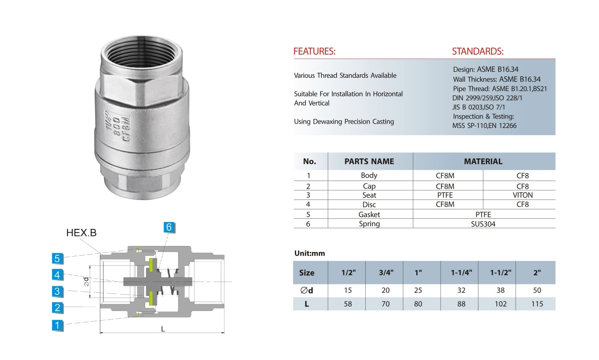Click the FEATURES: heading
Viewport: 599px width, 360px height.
[314, 51]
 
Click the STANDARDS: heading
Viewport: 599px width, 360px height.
[477, 51]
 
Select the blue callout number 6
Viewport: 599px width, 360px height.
[169, 227]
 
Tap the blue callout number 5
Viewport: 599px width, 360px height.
[57, 258]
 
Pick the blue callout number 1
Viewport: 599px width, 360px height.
[57, 325]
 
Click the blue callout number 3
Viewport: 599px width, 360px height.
[57, 291]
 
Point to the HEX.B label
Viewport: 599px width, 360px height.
[81, 233]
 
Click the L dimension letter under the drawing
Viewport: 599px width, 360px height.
[163, 329]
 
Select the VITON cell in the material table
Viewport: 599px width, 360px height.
[522, 195]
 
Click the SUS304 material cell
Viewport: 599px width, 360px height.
[483, 224]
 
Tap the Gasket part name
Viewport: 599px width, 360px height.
[369, 215]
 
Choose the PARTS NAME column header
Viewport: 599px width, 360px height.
[369, 161]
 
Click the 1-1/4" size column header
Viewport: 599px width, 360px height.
[461, 272]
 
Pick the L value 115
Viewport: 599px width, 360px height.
[537, 304]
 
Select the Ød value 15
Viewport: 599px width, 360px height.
[347, 290]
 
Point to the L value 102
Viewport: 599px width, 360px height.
[500, 304]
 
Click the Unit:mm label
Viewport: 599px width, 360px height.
[309, 253]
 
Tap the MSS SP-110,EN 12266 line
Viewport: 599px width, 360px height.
[484, 126]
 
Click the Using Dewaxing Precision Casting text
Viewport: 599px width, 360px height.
[344, 121]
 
